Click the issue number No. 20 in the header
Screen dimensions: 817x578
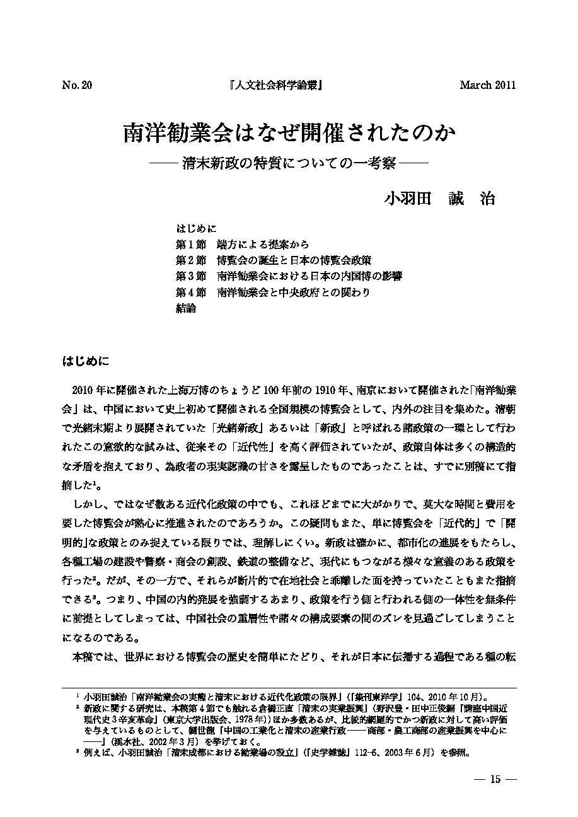(77, 86)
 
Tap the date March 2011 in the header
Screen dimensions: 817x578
(487, 86)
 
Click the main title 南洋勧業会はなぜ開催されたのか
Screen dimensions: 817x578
(289, 134)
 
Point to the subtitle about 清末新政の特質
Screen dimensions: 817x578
(289, 162)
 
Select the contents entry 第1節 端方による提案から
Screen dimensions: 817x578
(241, 244)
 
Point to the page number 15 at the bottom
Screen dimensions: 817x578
(495, 779)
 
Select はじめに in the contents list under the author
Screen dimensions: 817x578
(196, 228)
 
